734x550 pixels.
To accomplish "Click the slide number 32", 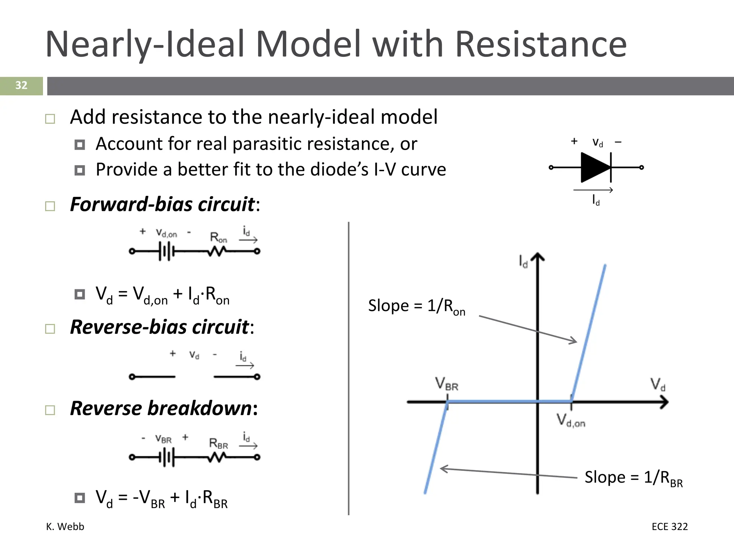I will (21, 86).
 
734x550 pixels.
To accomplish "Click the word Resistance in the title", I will (541, 44).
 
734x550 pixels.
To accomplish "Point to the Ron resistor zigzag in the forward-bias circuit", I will (216, 252).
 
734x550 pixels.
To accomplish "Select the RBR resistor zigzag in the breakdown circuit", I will (216, 457).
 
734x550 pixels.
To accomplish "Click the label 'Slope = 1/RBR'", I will (633, 478).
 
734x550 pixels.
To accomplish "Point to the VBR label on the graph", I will (447, 384).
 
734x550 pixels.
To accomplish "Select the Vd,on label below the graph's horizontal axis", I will (571, 420).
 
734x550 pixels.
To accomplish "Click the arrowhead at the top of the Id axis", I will (537, 257).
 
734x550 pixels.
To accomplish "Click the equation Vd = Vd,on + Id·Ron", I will (162, 295).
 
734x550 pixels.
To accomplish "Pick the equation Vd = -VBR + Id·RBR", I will (161, 499).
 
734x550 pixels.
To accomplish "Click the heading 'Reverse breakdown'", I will (163, 409).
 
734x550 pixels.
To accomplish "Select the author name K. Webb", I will (65, 526).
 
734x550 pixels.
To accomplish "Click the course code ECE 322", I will (669, 526).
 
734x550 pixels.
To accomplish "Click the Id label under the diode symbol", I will (596, 200).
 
